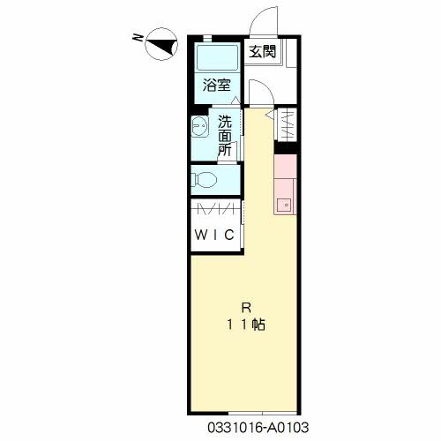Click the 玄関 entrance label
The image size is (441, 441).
263,52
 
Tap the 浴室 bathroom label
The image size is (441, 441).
216,86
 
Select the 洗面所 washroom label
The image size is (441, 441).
225,136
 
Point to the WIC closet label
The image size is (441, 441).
214,235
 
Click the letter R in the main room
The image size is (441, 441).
246,308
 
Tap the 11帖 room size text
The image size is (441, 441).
246,325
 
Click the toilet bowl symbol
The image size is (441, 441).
204,179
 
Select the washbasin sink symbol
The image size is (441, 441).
199,126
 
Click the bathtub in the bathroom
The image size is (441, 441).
217,58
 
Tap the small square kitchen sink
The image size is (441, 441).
284,205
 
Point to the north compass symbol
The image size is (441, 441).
161,44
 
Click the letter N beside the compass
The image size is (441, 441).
138,37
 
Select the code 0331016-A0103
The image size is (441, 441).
258,428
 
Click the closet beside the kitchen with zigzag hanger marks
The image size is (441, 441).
288,124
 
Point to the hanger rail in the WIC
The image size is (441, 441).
215,210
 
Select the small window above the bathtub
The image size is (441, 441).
207,38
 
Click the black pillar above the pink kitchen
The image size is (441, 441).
286,148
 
